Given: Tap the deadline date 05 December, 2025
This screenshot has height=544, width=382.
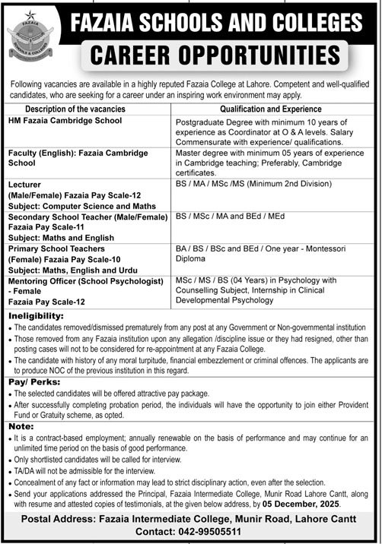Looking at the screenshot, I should [302, 504].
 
